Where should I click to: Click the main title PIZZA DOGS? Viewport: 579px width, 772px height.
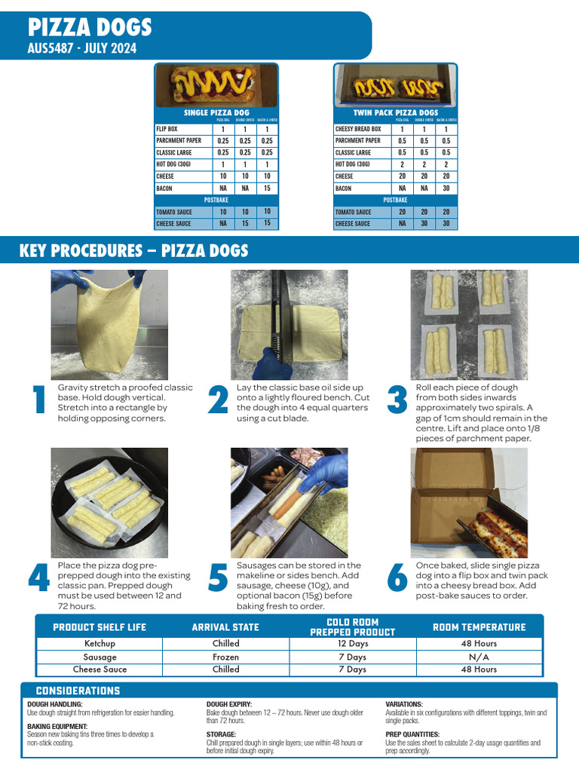[x=90, y=28]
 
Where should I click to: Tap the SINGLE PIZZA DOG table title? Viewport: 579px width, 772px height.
[x=216, y=112]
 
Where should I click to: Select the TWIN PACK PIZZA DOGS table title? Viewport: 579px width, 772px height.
[x=396, y=112]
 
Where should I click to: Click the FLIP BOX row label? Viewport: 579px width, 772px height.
[x=167, y=129]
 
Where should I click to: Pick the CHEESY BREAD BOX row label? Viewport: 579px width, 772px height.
[x=358, y=129]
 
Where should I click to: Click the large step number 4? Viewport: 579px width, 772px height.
[x=38, y=578]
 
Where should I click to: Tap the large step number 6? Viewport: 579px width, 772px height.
[x=397, y=578]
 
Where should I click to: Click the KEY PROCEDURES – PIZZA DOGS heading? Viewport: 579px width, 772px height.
[x=133, y=251]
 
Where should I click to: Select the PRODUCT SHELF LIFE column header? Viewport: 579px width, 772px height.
[x=100, y=627]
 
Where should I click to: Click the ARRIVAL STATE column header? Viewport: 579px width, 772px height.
[x=225, y=627]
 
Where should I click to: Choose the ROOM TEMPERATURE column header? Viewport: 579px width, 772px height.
[x=479, y=627]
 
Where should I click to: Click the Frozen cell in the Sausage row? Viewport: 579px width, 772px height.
[x=225, y=657]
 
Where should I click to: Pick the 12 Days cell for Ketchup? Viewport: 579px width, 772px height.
[x=352, y=644]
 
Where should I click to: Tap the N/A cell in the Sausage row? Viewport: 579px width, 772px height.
[x=479, y=657]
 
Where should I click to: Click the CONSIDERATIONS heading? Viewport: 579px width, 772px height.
[x=78, y=691]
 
